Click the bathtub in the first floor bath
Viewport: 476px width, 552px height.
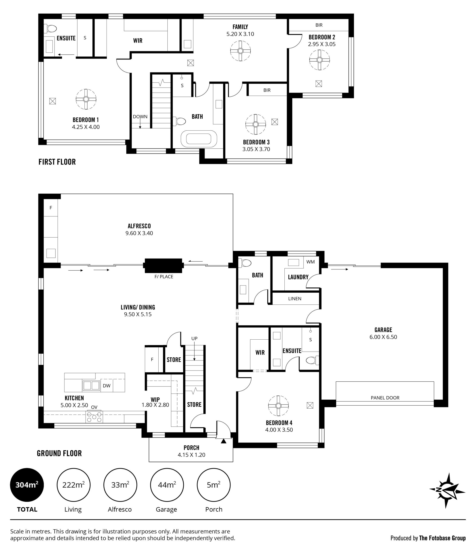(x=199, y=139)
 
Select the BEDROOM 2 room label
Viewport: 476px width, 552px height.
(x=322, y=37)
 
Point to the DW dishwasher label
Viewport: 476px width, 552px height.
(x=106, y=386)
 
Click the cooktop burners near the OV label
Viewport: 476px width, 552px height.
(x=94, y=417)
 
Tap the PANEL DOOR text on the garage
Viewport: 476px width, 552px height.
(x=385, y=398)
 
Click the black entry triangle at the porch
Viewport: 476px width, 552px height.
(x=224, y=441)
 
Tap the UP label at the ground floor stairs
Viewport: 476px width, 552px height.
(x=194, y=338)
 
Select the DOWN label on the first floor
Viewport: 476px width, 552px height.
(x=140, y=116)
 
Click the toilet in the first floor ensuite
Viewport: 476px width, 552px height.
(x=50, y=28)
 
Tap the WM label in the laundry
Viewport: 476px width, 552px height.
(x=311, y=262)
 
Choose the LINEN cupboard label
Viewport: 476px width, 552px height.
(x=295, y=299)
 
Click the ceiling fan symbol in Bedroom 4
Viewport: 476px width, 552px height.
(x=278, y=406)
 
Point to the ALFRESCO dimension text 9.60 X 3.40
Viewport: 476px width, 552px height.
(x=139, y=233)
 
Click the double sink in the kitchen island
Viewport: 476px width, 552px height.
(x=91, y=386)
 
